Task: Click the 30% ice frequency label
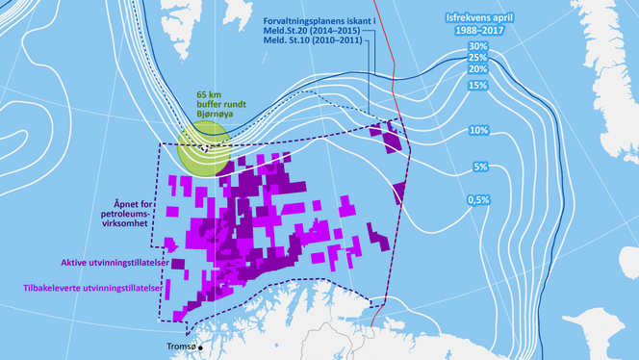point(476,46)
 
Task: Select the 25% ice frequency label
point(476,58)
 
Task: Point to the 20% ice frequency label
point(476,69)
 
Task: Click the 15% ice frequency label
point(476,86)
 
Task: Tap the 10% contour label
point(478,130)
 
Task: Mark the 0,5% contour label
point(478,199)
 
